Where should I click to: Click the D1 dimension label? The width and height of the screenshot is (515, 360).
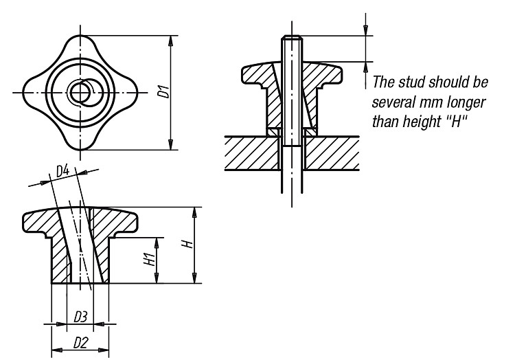click(164, 91)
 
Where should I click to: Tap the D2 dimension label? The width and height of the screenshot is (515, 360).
click(81, 343)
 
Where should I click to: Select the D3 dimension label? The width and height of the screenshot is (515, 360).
click(80, 317)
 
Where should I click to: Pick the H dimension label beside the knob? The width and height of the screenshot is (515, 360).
click(188, 244)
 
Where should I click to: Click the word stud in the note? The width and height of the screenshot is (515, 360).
click(412, 82)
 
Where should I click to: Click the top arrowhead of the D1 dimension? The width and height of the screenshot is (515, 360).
click(170, 41)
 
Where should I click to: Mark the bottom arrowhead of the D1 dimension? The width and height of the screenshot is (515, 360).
click(170, 144)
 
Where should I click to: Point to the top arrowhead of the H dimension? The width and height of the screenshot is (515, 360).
click(195, 212)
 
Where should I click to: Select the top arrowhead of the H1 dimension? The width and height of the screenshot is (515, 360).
click(157, 243)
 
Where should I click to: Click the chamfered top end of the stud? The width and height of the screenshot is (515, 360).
click(291, 37)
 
